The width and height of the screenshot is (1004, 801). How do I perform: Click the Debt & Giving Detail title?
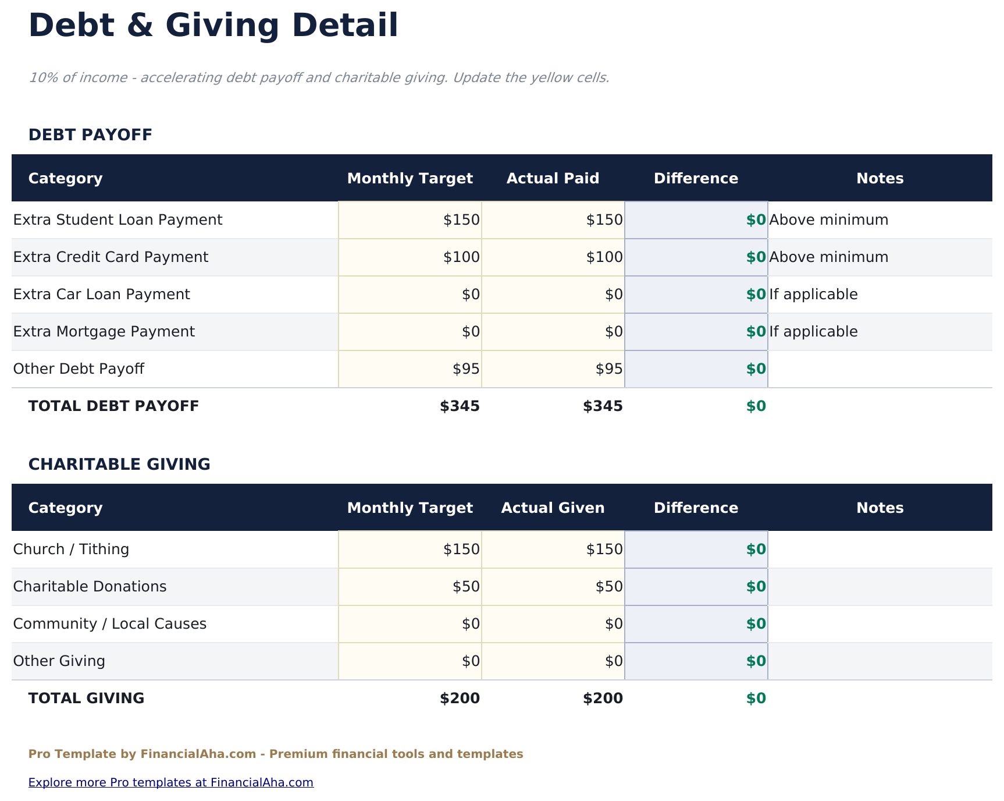(213, 26)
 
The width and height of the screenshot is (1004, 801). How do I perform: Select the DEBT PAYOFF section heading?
(90, 135)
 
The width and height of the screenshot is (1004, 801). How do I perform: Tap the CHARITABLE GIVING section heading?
(119, 465)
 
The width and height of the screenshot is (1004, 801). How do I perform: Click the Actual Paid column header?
(553, 179)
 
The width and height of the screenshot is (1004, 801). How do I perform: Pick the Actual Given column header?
(553, 508)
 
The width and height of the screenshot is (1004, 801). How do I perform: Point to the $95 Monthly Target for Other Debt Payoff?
(466, 369)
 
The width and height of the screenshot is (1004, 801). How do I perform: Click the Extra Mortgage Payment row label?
(104, 332)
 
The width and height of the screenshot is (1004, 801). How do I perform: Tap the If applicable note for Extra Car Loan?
(813, 295)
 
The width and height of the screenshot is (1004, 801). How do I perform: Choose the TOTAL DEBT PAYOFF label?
(113, 406)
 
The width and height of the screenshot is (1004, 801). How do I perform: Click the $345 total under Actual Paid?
(603, 406)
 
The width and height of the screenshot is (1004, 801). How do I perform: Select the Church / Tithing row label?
(71, 550)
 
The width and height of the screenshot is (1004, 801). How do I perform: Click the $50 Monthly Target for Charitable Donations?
(466, 587)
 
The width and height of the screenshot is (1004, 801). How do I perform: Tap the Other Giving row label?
(59, 661)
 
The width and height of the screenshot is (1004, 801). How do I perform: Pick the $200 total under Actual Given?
(603, 699)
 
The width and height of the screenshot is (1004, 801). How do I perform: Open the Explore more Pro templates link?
(171, 782)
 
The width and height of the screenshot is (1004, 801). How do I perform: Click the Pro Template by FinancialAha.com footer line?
(276, 754)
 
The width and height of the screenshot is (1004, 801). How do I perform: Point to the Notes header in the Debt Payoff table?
(880, 179)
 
